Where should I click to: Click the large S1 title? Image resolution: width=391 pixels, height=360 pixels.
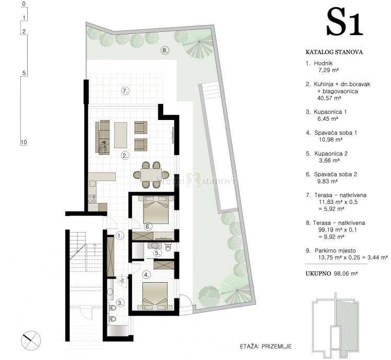(x=344, y=22)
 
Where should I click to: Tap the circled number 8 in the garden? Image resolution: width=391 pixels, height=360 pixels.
(x=164, y=51)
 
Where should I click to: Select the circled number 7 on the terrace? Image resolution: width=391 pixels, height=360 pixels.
(x=125, y=91)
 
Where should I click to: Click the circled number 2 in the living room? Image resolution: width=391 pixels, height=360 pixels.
(x=125, y=156)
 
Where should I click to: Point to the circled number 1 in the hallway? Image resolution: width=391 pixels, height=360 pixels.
(x=120, y=236)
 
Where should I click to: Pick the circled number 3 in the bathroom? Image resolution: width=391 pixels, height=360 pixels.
(x=121, y=303)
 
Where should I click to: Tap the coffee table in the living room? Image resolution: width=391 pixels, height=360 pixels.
(x=121, y=135)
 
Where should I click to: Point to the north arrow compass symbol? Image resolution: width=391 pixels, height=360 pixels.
(x=31, y=341)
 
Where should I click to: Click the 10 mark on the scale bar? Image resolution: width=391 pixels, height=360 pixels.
(x=23, y=142)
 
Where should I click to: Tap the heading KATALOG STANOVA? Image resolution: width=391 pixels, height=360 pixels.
(x=334, y=52)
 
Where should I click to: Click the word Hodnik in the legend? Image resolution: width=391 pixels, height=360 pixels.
(x=323, y=63)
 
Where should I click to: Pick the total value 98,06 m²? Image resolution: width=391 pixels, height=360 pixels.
(x=346, y=273)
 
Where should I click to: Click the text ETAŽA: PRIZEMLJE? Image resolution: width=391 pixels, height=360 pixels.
(x=266, y=346)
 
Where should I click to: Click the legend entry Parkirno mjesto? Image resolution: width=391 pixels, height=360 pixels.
(x=335, y=250)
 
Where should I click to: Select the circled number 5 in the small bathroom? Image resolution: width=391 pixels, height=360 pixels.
(x=157, y=253)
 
